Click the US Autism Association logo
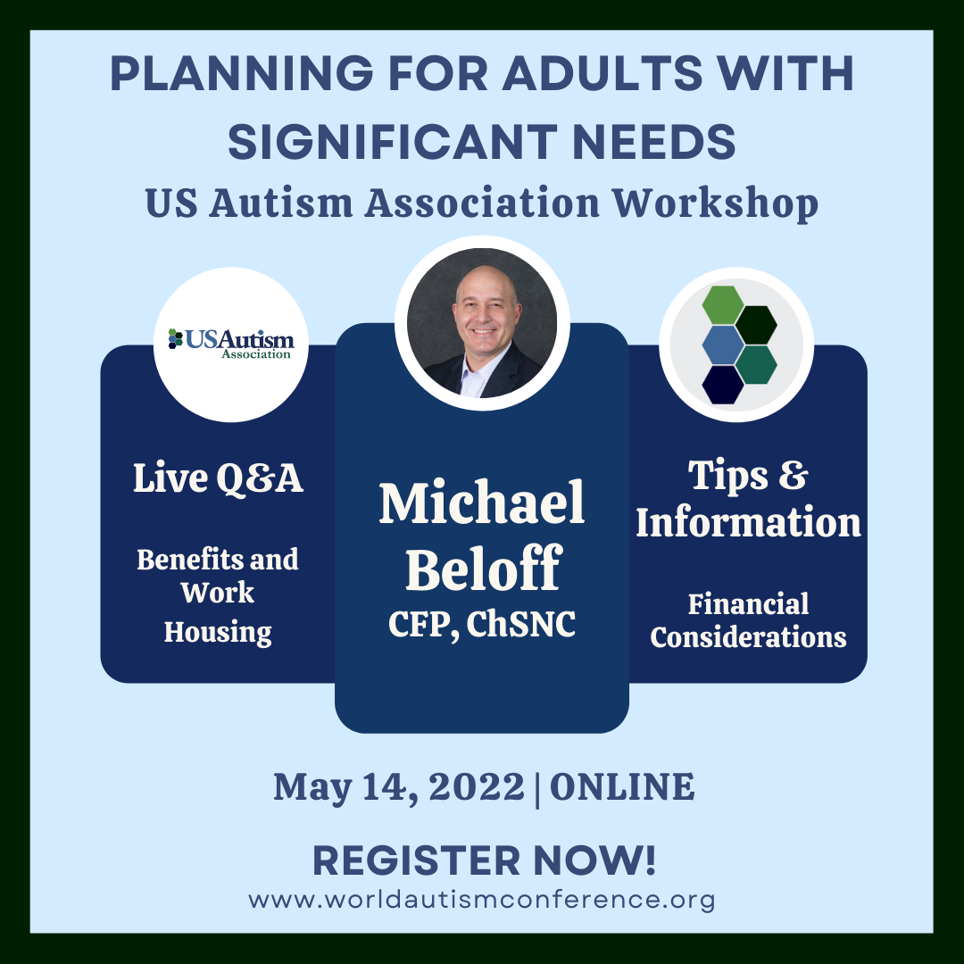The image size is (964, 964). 231,343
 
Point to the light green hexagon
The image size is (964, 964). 722,305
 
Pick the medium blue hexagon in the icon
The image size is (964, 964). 722,345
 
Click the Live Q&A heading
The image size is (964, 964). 218,479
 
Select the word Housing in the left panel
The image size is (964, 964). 218,632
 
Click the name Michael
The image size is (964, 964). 482,503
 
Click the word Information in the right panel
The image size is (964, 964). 748,523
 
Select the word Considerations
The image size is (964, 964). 748,637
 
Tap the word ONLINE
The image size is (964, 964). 621,787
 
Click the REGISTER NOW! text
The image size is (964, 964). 484,860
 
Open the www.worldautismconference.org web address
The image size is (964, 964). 482,899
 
